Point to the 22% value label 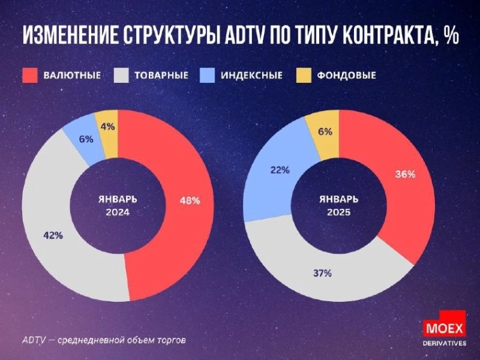pos(280,170)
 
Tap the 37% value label pos(322,273)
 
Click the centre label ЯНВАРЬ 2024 pos(118,206)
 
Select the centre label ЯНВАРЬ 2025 pos(339,206)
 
